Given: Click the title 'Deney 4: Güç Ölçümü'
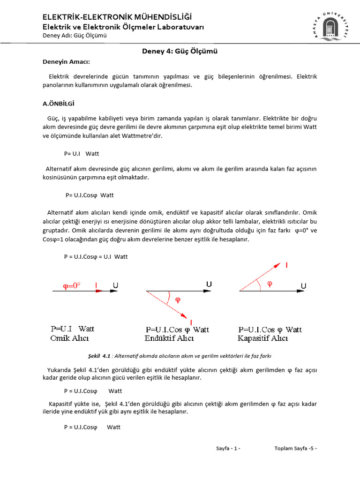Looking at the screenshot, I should pos(180,52).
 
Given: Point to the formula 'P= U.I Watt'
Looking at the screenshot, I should pos(82,154).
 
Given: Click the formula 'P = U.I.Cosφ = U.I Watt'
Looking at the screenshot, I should pos(96,256).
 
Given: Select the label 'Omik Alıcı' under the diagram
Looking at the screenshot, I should pos(69,338).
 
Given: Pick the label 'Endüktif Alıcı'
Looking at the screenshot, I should pos(169,338).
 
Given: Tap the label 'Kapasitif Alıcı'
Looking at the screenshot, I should pos(263,338).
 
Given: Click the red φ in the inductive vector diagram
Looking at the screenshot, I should pos(178,300).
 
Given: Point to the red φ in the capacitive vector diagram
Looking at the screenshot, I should pos(269,284).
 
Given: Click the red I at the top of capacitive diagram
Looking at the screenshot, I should pos(287,266).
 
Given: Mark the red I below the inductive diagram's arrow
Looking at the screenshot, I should pos(191,322).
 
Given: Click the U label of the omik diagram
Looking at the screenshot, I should pos(115,285).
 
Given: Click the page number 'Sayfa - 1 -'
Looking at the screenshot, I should pos(228,449).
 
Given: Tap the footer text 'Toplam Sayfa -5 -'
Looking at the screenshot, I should pos(295,449).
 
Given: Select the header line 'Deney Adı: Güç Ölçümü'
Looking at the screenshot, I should pos(75,36).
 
